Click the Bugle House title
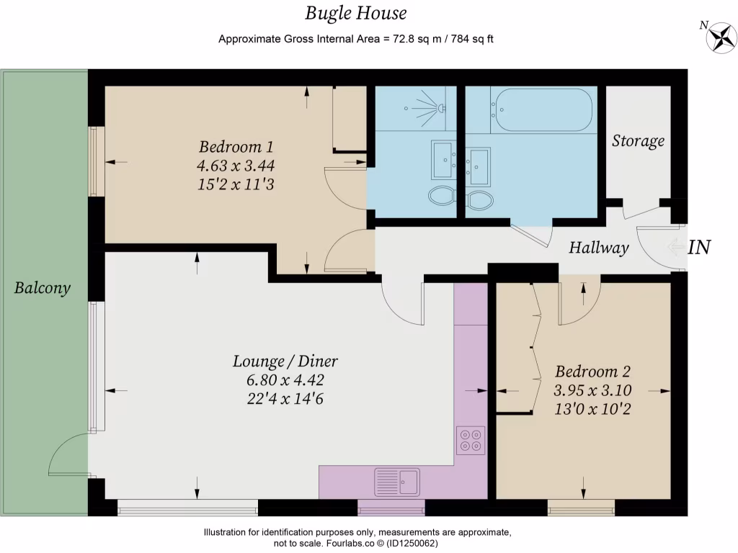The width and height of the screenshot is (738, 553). (355, 13)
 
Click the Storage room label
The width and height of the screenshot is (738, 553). (638, 140)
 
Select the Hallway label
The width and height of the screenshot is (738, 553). (598, 248)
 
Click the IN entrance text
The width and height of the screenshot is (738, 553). (699, 248)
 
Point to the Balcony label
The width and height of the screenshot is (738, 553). (43, 288)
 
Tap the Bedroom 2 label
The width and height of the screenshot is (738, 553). (592, 372)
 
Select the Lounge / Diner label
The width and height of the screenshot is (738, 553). (285, 361)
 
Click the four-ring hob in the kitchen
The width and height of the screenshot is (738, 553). (471, 440)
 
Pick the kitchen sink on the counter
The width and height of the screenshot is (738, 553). (397, 480)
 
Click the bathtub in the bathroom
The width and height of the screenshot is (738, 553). (541, 109)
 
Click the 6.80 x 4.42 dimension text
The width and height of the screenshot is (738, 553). (285, 380)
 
